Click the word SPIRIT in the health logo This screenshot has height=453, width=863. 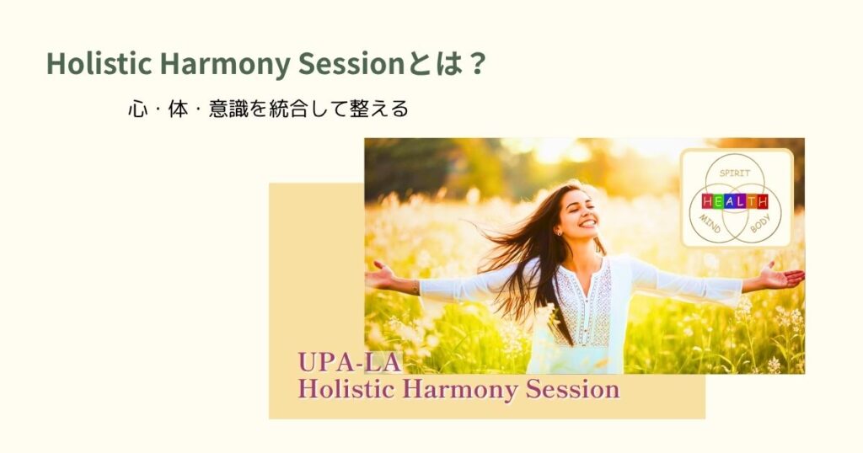[735, 173]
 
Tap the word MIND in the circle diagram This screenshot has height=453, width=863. [710, 223]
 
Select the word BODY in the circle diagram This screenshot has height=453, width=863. [760, 223]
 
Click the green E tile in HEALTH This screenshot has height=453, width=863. [718, 202]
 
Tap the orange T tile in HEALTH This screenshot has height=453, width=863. [751, 202]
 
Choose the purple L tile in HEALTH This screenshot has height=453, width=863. [741, 202]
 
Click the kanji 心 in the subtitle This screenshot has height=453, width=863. [137, 109]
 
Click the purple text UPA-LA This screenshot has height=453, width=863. [350, 363]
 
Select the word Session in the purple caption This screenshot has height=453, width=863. [572, 389]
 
